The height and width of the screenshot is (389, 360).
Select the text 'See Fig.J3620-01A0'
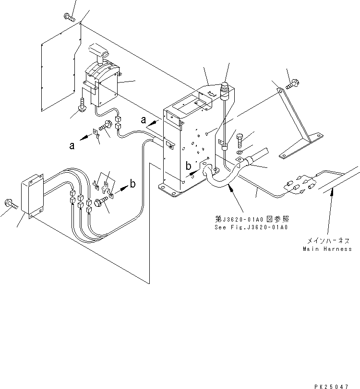[x=251, y=227]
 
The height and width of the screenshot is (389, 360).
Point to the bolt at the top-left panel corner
[x=69, y=18]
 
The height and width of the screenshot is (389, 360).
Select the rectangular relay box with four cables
[x=32, y=197]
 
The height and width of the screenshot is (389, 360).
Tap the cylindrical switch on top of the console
[x=224, y=89]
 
